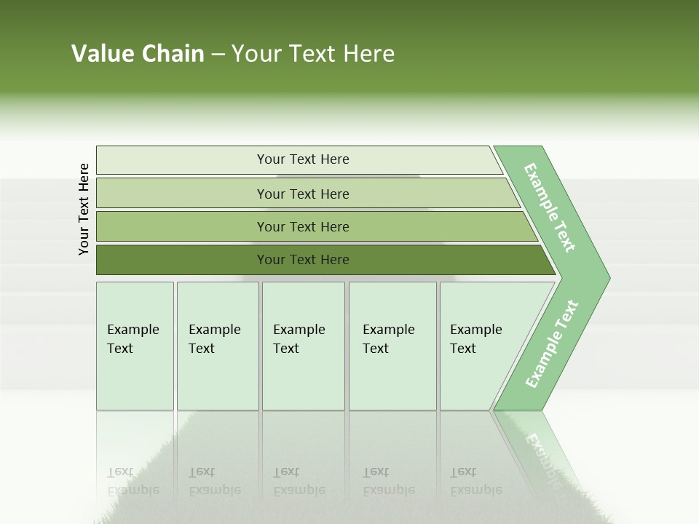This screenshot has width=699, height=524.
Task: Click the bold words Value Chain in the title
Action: (138, 54)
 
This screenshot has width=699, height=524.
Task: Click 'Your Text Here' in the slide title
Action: (313, 54)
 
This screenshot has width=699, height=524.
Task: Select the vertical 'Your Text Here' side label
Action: (84, 209)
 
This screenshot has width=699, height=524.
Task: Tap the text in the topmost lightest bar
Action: (303, 159)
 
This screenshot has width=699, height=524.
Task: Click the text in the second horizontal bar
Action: (303, 194)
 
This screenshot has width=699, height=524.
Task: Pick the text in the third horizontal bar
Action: (303, 226)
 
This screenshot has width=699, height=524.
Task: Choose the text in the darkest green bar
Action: (303, 260)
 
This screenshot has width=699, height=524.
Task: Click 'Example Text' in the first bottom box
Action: (133, 339)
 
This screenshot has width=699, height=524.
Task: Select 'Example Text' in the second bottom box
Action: (214, 339)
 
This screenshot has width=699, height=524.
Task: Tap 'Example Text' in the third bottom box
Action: (299, 339)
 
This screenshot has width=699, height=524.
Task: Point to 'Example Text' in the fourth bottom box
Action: (388, 339)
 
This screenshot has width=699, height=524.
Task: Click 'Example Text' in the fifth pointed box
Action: (475, 339)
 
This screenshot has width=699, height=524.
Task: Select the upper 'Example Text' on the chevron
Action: (550, 207)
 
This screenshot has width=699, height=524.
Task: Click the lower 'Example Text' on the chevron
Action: (551, 344)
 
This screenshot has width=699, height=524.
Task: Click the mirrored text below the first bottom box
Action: (133, 481)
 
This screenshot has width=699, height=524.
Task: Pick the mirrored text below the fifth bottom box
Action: (475, 481)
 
